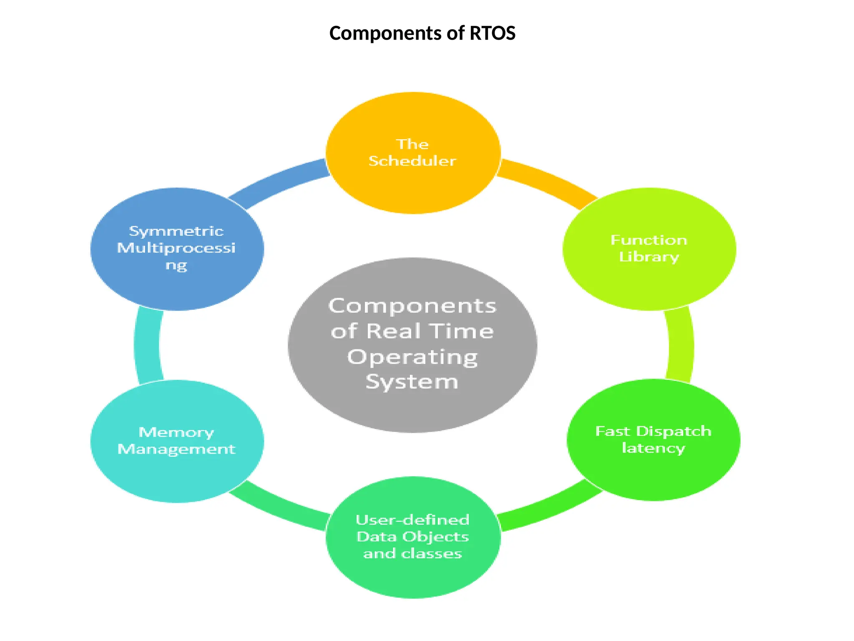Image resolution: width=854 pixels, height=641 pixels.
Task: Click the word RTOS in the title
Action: pyautogui.click(x=492, y=33)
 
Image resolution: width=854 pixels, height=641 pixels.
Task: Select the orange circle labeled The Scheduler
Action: pyautogui.click(x=413, y=188)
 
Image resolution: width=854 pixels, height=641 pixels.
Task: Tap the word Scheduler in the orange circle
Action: pyautogui.click(x=412, y=161)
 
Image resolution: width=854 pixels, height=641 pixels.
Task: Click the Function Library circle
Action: pyautogui.click(x=649, y=284)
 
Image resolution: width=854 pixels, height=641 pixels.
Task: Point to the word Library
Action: pyautogui.click(x=649, y=257)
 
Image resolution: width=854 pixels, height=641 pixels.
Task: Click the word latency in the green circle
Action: pyautogui.click(x=653, y=448)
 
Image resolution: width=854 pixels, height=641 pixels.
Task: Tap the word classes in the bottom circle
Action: pyautogui.click(x=432, y=554)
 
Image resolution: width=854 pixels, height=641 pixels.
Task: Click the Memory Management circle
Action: pyautogui.click(x=177, y=476)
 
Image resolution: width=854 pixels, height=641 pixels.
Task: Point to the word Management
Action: pyautogui.click(x=177, y=449)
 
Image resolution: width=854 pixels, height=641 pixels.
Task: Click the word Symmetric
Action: pyautogui.click(x=176, y=231)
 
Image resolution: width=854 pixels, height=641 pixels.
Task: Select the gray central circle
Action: pyautogui.click(x=413, y=409)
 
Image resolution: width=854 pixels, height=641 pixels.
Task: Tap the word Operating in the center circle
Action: pyautogui.click(x=412, y=357)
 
